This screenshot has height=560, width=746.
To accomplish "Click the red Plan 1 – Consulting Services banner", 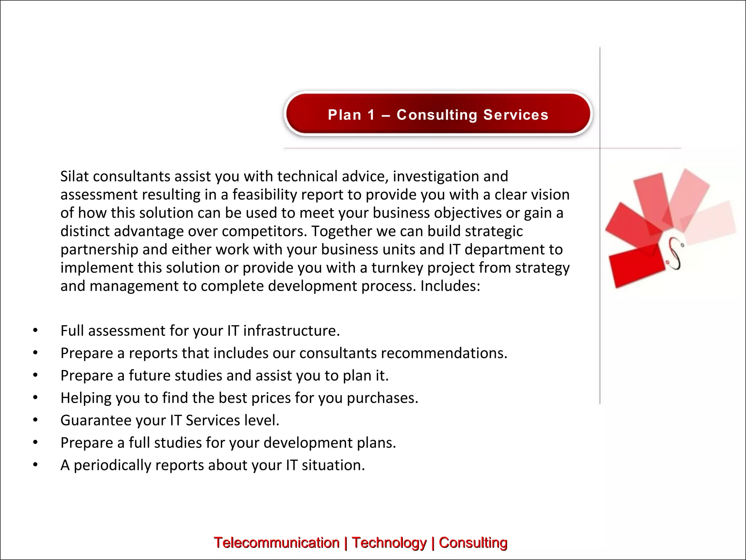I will [x=438, y=114].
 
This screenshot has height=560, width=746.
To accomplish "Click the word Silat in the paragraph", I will [x=75, y=176].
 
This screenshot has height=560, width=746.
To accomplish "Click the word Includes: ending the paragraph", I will [x=450, y=286].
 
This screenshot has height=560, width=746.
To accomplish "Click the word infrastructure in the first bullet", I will [x=291, y=331].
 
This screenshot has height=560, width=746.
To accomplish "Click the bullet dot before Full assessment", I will [x=35, y=331].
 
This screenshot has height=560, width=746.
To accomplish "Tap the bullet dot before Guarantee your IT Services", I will [x=35, y=420].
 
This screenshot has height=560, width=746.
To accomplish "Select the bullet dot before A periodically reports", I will [x=35, y=465].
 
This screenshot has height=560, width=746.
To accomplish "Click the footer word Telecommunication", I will [x=276, y=542].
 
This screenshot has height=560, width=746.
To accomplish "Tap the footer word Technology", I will [x=389, y=542].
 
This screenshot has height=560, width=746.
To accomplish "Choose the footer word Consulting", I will [x=473, y=542].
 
